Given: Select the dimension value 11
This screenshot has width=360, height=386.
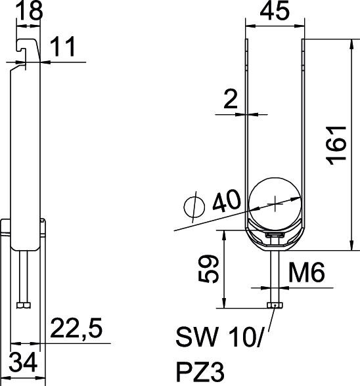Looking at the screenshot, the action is tap(62, 46).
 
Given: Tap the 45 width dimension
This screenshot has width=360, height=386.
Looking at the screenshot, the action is tap(275, 11).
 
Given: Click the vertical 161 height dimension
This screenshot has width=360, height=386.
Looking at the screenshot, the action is tap(336, 145).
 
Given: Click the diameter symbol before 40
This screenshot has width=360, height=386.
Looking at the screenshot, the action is tap(194, 207).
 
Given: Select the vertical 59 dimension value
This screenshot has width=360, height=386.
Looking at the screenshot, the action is tap(208, 268).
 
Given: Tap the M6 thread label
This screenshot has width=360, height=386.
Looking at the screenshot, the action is tap(307, 272).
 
